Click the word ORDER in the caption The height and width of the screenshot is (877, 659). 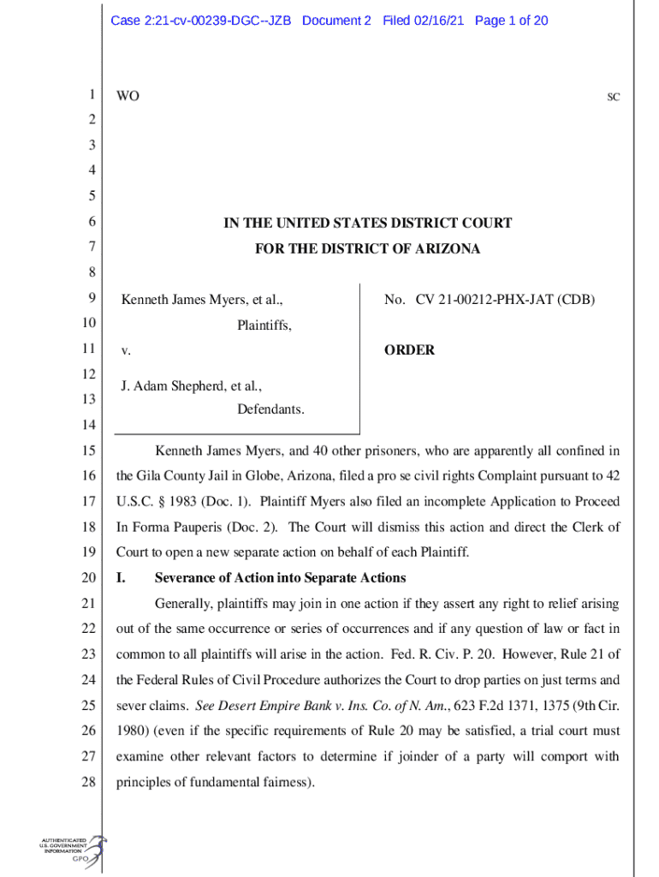[x=410, y=350]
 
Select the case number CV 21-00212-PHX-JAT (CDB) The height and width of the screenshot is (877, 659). [x=505, y=300]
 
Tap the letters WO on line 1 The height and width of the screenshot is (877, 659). [x=128, y=97]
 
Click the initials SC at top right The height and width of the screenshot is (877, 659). [x=614, y=98]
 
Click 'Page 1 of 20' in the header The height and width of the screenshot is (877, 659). [x=511, y=21]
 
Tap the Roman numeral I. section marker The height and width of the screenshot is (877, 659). [x=121, y=577]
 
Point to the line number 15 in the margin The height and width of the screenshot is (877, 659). [x=86, y=450]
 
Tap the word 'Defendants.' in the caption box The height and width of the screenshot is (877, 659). [x=270, y=409]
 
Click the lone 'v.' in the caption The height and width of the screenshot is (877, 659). [x=125, y=351]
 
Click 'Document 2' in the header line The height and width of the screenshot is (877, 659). [x=336, y=21]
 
